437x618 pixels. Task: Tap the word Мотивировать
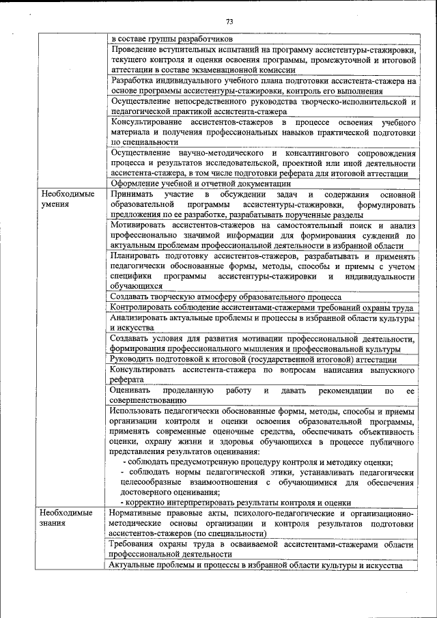coord(140,225)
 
